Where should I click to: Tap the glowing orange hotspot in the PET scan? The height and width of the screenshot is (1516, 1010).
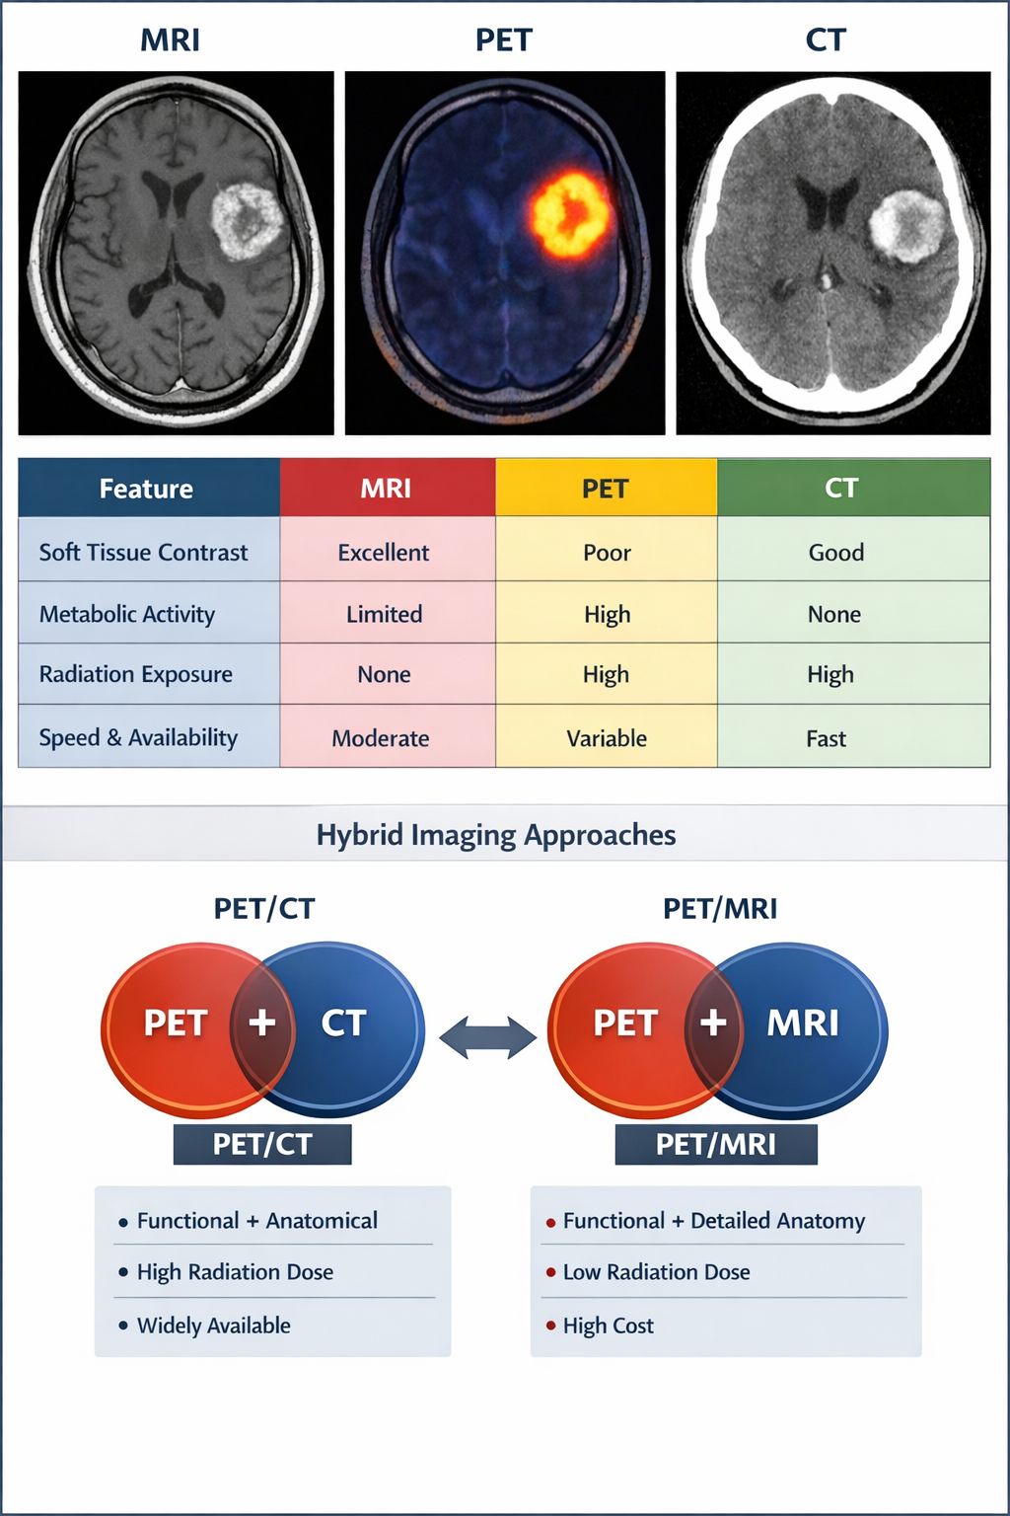pos(569,213)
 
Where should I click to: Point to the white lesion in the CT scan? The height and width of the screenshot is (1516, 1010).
pos(908,226)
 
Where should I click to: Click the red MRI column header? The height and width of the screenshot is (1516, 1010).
pos(387,488)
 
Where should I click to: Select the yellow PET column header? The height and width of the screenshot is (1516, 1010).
pos(606,488)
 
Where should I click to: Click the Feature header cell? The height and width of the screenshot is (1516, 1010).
pos(148,488)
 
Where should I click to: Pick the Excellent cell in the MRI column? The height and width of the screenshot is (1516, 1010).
pos(384,553)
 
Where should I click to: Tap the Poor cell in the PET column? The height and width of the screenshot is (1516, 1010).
pos(607,553)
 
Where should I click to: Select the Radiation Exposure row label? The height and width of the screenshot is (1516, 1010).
pos(136,674)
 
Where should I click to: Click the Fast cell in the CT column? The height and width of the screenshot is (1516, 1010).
pos(827,738)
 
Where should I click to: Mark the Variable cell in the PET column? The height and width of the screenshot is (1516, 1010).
pos(607,738)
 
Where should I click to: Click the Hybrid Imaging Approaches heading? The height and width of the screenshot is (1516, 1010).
pos(496,835)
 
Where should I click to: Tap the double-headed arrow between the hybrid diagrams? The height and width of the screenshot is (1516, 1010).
pos(487,1037)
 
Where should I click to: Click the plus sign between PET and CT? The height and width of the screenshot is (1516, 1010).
pos(262,1023)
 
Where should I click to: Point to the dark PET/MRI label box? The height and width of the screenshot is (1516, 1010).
pos(716,1144)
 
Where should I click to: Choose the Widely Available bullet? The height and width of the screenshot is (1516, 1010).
pos(213,1326)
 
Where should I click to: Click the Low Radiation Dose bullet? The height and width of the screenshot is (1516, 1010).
pos(656,1272)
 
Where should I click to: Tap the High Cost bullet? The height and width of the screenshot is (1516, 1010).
pos(608,1326)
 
